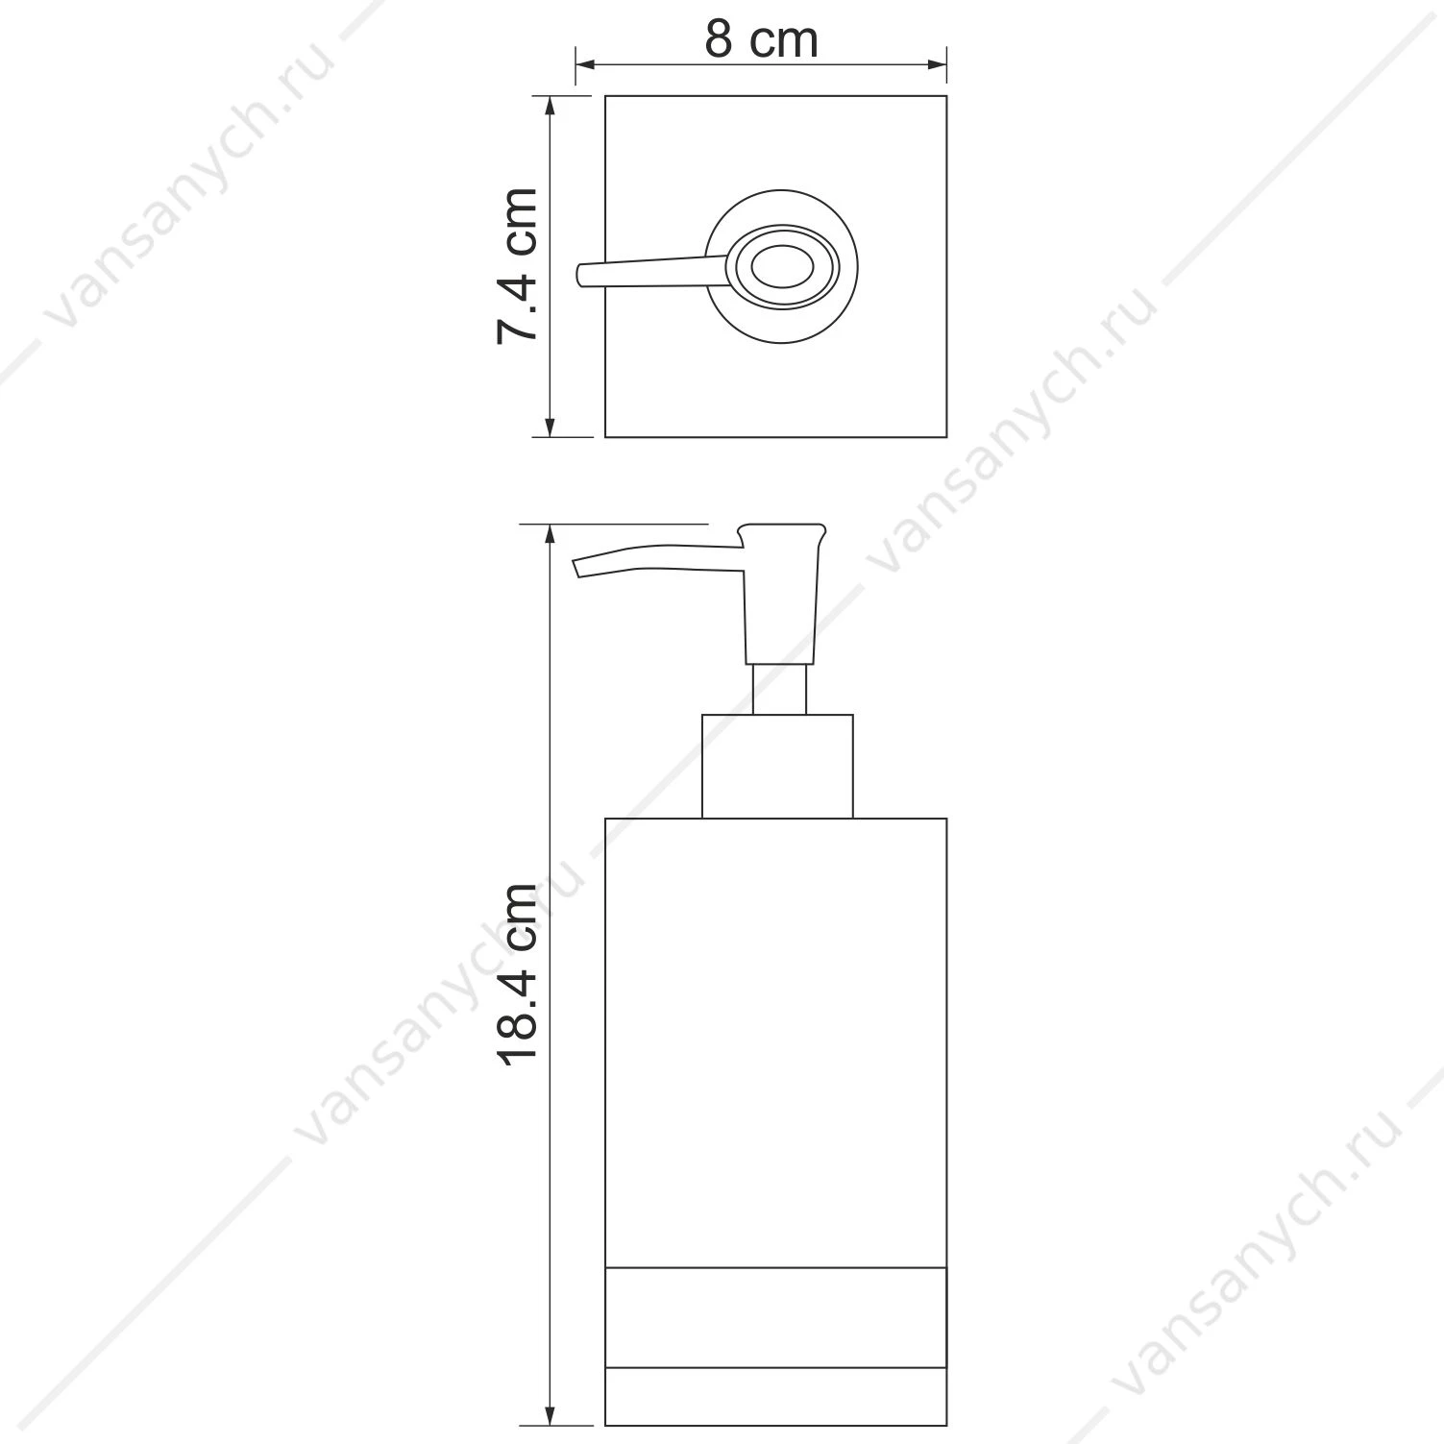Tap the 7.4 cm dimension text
[517, 266]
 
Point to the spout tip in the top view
[580, 276]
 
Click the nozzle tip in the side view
[578, 570]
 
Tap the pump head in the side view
[781, 593]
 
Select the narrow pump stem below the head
[778, 689]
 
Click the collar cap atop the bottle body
[777, 767]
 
